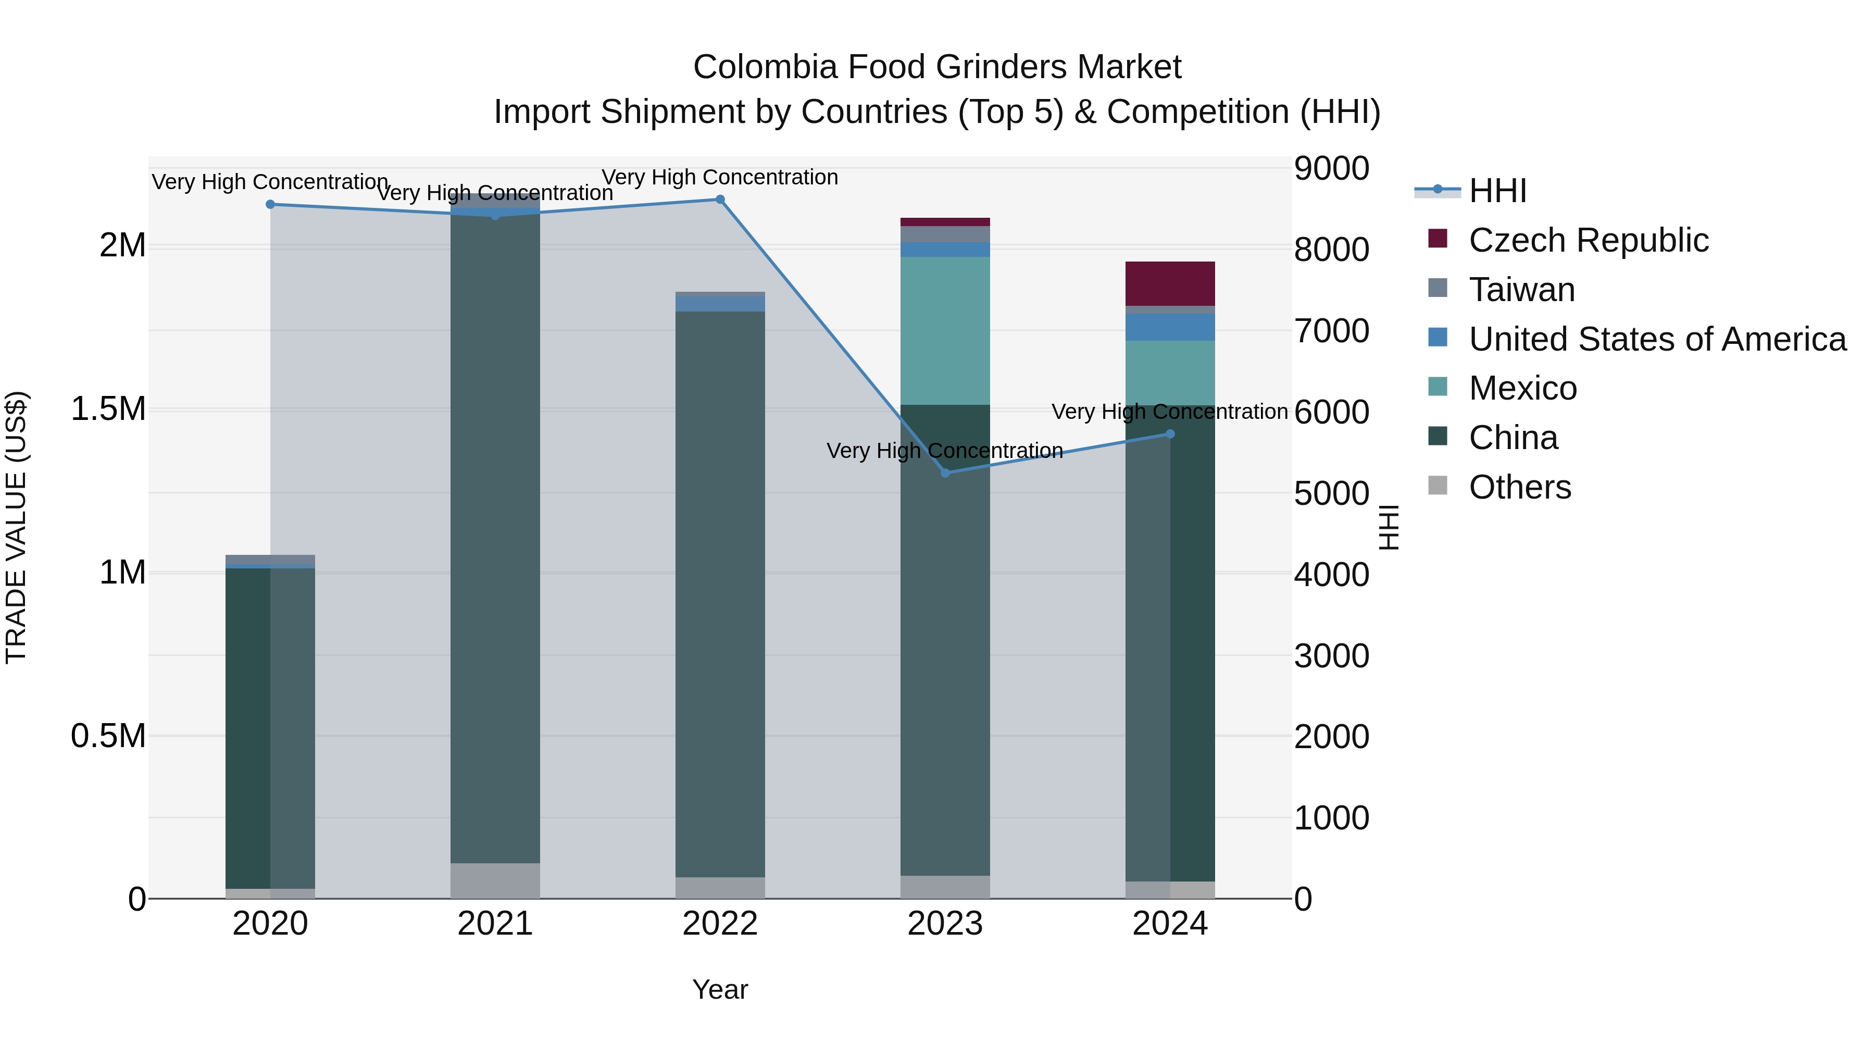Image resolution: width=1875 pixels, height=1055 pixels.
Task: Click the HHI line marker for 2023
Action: (945, 473)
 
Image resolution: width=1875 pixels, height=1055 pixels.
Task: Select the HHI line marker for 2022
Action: (720, 199)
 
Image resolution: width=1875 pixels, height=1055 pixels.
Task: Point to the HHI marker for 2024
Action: (1170, 434)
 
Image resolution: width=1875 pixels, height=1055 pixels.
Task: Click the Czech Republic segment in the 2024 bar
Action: (1170, 283)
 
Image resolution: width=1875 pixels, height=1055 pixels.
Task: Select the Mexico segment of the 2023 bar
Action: (945, 330)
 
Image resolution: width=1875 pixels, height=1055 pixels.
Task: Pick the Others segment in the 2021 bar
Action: (495, 880)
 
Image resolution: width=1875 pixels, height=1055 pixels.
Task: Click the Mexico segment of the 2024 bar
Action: (1170, 373)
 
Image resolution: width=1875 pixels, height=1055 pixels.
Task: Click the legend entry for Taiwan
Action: (1521, 289)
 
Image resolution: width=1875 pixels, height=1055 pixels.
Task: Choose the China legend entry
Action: (1512, 438)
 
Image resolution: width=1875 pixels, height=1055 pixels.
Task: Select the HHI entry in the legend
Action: (1497, 191)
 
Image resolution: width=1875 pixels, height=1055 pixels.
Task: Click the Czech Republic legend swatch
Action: (1437, 239)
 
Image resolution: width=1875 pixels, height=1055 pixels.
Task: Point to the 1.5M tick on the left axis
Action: (108, 408)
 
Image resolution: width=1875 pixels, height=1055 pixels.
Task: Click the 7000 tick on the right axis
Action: (1331, 330)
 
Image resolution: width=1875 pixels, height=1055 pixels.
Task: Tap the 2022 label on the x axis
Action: (720, 924)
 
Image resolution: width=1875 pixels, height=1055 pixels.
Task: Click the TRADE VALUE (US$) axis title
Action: (16, 527)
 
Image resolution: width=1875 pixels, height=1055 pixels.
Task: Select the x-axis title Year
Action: (720, 989)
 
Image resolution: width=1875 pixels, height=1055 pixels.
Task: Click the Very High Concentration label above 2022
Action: (720, 177)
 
